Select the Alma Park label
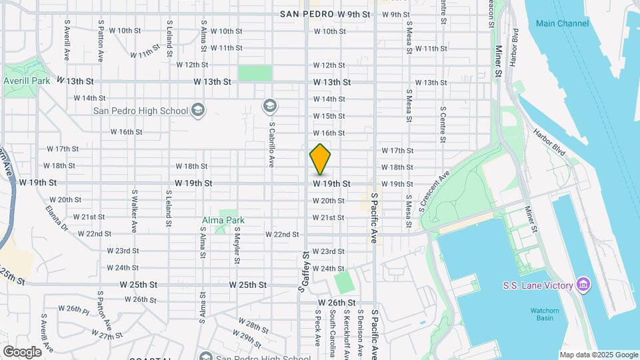223,220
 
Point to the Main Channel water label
562,24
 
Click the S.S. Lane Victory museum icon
584,285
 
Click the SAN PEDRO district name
307,13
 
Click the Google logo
22,351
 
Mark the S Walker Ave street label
134,211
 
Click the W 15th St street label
329,116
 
